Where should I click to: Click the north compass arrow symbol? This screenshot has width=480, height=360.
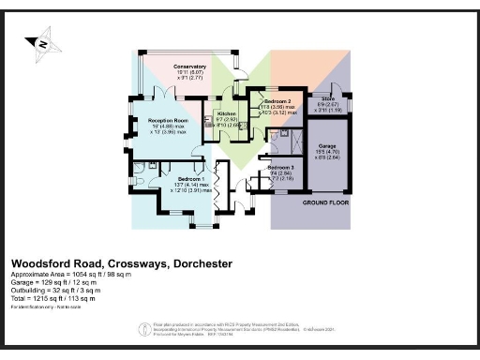(x=42, y=42)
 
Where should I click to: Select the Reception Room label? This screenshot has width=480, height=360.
(x=170, y=120)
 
